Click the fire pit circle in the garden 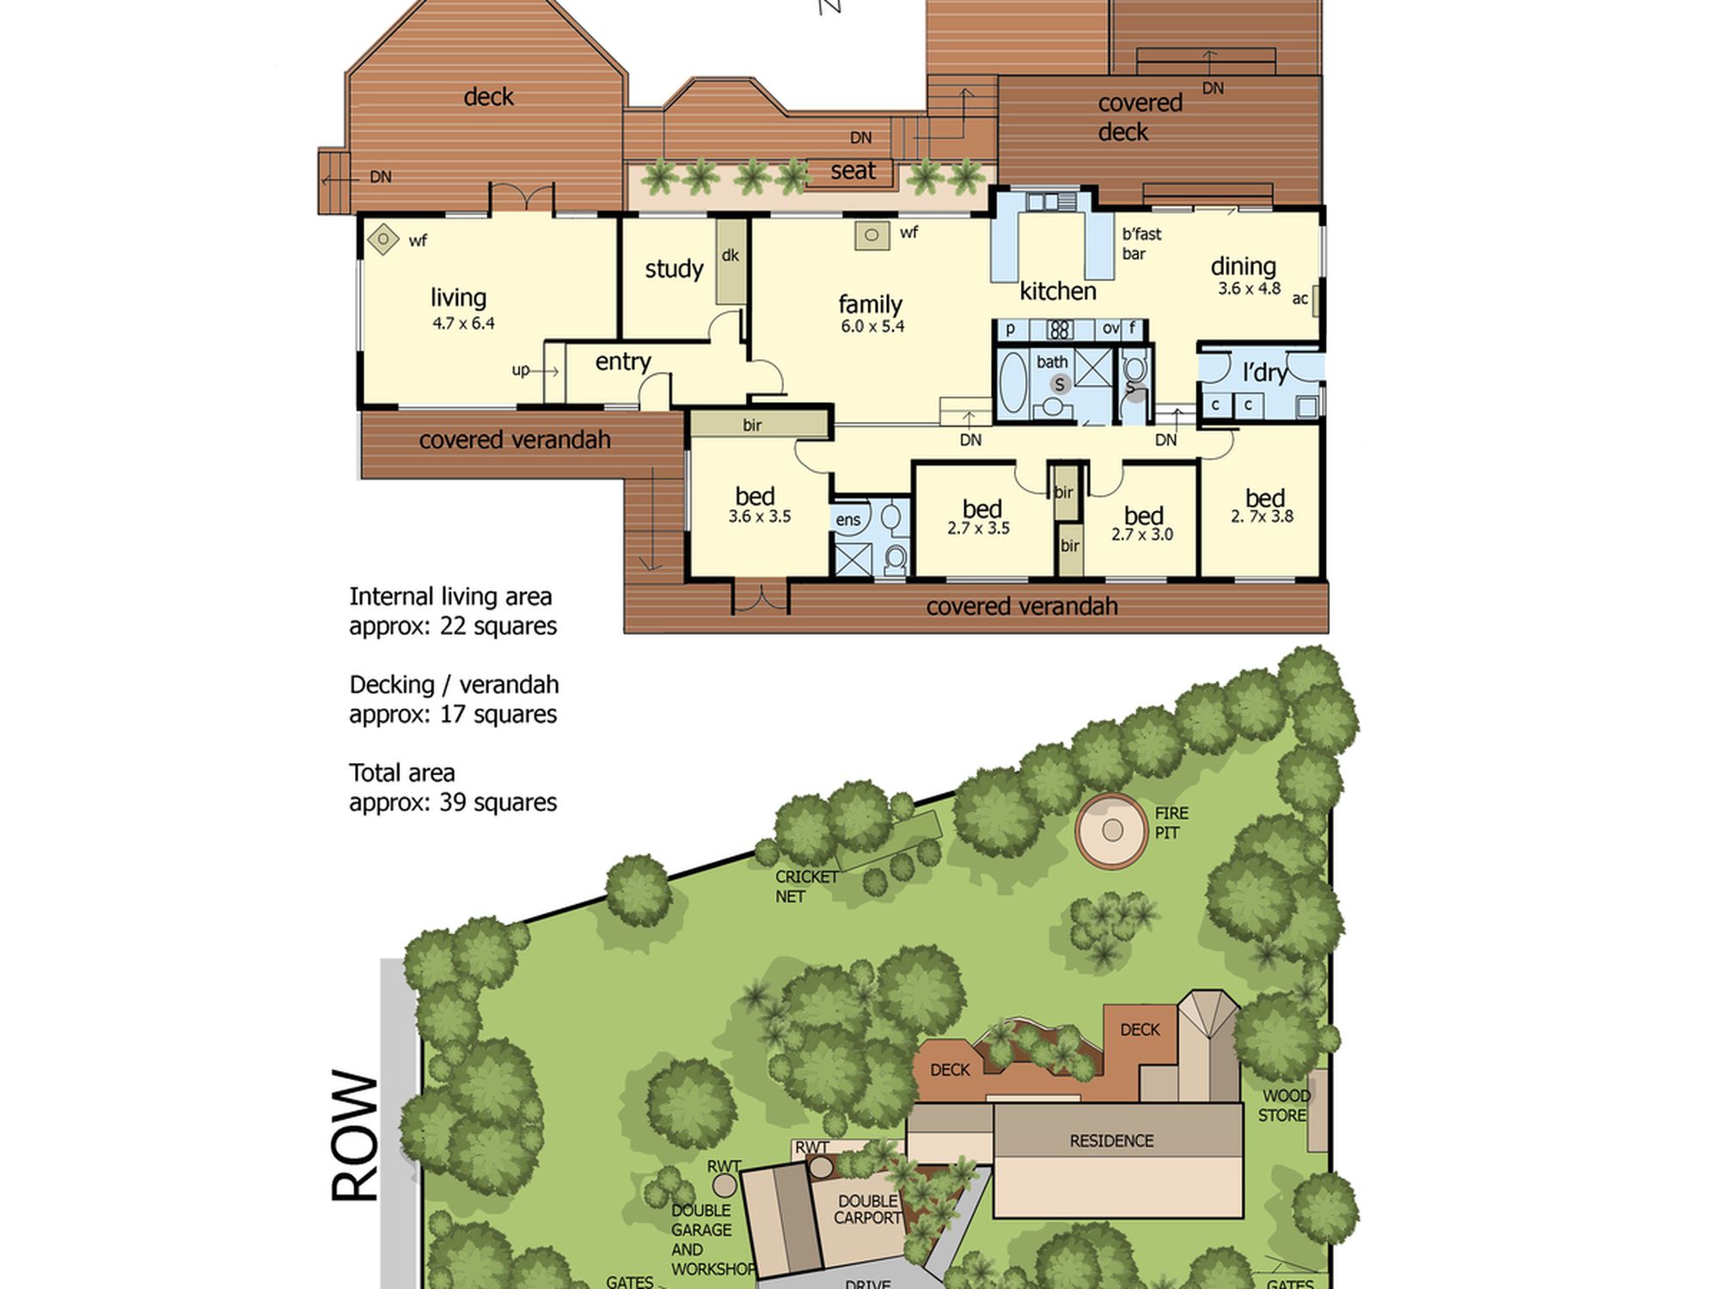click(x=1112, y=830)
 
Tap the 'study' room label click(x=674, y=269)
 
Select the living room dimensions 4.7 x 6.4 click(x=463, y=323)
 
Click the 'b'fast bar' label click(x=1141, y=243)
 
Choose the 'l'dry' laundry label click(x=1265, y=372)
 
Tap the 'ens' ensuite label click(x=847, y=519)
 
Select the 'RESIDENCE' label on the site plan click(x=1111, y=1140)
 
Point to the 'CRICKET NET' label click(x=806, y=886)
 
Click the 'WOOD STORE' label click(x=1285, y=1105)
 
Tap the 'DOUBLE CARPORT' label click(x=867, y=1209)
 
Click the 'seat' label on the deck click(x=853, y=170)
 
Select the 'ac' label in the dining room click(x=1300, y=298)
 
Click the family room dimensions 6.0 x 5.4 click(x=872, y=326)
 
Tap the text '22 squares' click(x=499, y=626)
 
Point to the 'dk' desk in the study click(x=731, y=260)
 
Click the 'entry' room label click(x=623, y=362)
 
